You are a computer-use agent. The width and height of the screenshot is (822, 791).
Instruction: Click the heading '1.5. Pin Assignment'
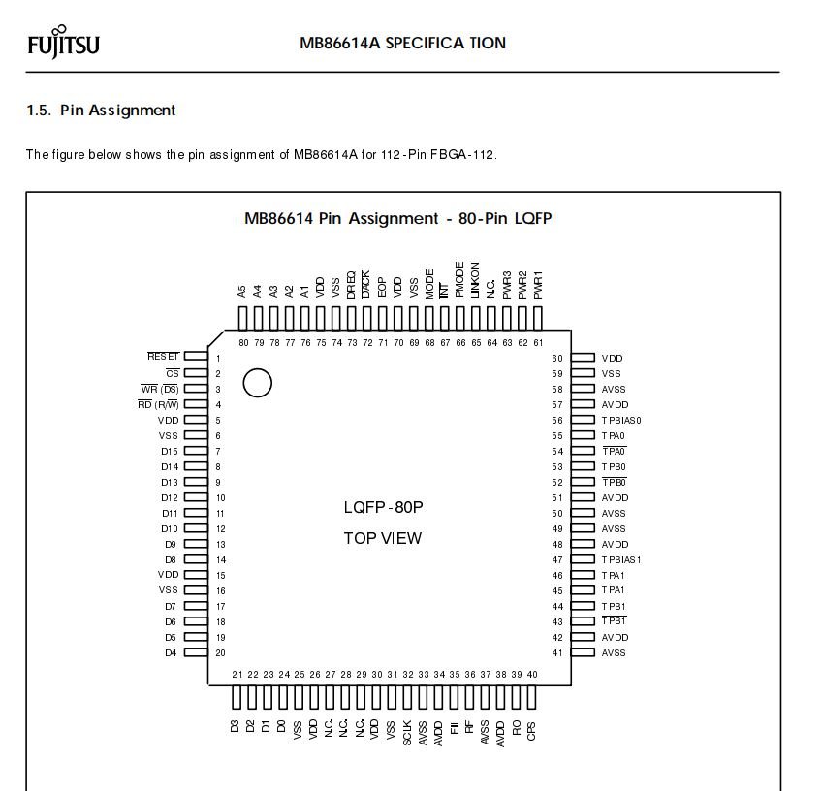(101, 111)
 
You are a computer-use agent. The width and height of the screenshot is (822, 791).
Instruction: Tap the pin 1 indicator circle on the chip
(257, 383)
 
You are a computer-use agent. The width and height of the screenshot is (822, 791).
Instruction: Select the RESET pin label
(163, 357)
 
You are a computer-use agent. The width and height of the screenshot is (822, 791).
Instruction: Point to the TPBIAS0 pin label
(621, 420)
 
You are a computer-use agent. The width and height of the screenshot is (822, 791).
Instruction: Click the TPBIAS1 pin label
(621, 559)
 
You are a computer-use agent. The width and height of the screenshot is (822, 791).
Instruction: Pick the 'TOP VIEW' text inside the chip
(383, 538)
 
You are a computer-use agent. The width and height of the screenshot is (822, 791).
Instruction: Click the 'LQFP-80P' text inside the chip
(383, 507)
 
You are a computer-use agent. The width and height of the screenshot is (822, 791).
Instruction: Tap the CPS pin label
(532, 730)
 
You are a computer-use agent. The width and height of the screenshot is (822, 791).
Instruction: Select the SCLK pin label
(407, 732)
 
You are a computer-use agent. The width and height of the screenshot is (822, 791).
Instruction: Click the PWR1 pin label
(538, 284)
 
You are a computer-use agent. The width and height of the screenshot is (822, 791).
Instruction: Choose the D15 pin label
(170, 451)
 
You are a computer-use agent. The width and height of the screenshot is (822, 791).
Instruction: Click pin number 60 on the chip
(557, 358)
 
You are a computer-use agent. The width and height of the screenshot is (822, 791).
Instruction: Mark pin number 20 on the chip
(220, 652)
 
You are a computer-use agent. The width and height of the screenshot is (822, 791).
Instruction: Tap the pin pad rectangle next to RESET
(196, 357)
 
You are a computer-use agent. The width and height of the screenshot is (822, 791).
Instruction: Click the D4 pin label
(172, 652)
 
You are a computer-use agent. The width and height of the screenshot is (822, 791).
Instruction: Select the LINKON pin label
(475, 279)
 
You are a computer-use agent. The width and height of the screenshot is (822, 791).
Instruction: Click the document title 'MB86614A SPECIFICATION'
(402, 43)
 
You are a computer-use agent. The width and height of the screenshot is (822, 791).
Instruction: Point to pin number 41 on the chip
(557, 652)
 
